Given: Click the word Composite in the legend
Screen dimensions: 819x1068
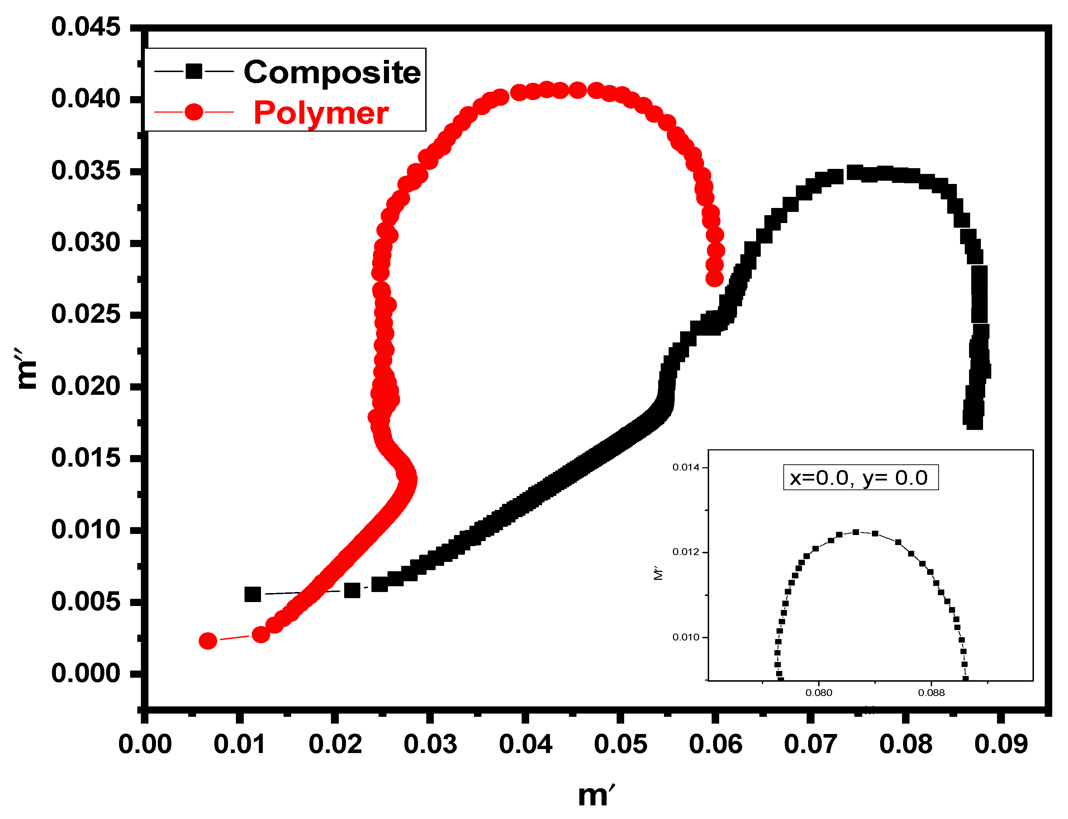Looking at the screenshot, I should pos(332,73).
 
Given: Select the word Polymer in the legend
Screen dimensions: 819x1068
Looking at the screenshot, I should pos(321,113).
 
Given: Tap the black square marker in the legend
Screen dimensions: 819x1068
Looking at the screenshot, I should pos(194,71).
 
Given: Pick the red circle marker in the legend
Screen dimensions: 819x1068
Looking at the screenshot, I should pos(194,112).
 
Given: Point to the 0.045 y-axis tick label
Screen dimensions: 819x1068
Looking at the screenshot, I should pos(86,27).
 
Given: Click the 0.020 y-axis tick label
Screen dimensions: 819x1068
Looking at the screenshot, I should pos(86,387).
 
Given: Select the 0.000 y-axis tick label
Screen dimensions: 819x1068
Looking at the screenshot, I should pos(86,674).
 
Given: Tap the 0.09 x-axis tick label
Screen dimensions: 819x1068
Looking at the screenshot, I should pos(1001,745).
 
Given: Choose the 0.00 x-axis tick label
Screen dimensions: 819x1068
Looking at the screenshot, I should pos(145,745).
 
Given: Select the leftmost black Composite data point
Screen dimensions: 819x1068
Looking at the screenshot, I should pos(252,594).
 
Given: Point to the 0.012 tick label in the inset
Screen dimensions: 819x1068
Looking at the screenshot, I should pos(685,552).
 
